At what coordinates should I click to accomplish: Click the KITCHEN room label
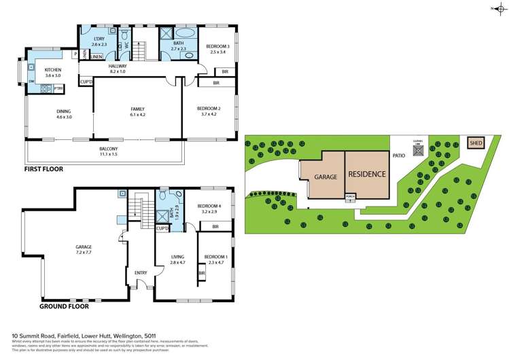click(x=53, y=70)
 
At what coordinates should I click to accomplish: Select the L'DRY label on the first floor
click(x=89, y=39)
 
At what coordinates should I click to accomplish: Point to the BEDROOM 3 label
click(x=218, y=46)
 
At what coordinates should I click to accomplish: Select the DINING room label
click(x=63, y=111)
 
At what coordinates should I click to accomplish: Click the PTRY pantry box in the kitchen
click(x=58, y=88)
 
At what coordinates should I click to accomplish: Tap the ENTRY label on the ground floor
click(x=141, y=273)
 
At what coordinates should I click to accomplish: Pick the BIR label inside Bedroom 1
click(x=202, y=273)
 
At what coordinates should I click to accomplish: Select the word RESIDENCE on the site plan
click(x=367, y=174)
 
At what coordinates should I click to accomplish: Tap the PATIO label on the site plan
click(x=399, y=155)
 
